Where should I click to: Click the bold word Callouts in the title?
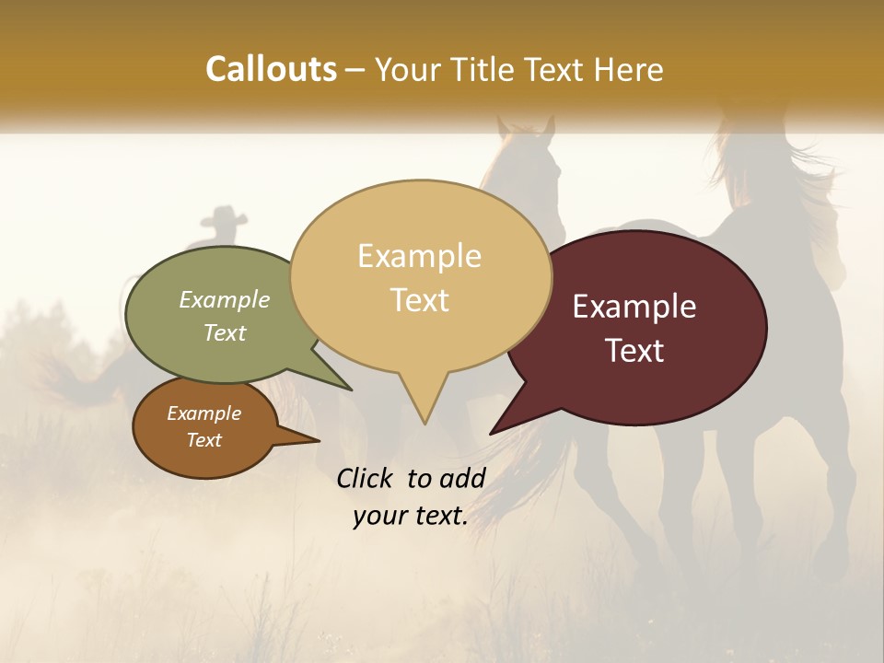pyautogui.click(x=271, y=69)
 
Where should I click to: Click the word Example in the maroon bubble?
pyautogui.click(x=634, y=307)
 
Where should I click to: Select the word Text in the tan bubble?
pyautogui.click(x=420, y=300)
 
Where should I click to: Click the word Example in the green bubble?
pyautogui.click(x=225, y=299)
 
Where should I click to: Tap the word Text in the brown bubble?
pyautogui.click(x=204, y=440)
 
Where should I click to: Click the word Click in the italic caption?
pyautogui.click(x=366, y=478)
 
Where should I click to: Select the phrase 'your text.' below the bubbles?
pyautogui.click(x=411, y=516)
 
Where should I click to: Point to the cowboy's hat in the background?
pyautogui.click(x=221, y=216)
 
